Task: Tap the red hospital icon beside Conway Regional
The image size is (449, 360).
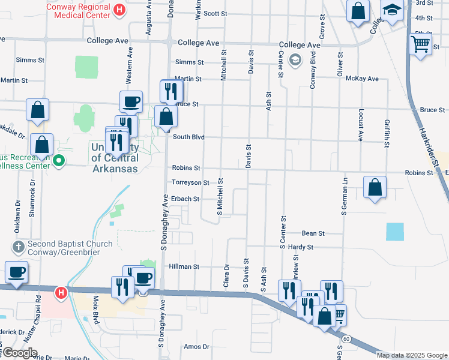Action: click(119, 10)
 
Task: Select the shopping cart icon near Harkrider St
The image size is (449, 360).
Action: click(420, 44)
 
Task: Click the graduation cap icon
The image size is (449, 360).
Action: click(393, 11)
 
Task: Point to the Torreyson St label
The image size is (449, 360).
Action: click(190, 182)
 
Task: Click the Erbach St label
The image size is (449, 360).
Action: click(185, 199)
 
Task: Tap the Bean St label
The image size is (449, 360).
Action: click(313, 233)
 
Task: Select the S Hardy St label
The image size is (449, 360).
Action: click(297, 247)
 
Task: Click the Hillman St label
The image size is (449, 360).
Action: click(184, 266)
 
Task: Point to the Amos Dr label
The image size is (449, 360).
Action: click(197, 347)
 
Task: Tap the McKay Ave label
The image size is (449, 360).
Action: click(366, 79)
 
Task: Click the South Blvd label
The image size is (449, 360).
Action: click(188, 137)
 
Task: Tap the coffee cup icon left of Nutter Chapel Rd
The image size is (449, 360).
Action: click(17, 272)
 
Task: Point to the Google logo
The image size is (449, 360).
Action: click(20, 353)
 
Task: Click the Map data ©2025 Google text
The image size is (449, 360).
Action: click(412, 355)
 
